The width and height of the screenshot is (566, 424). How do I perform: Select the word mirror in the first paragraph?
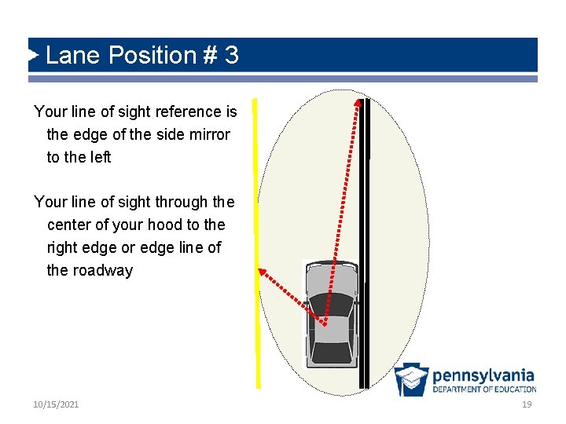pos(205,134)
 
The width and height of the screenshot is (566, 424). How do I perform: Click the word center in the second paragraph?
pos(72,225)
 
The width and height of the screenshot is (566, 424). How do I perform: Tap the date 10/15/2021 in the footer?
pos(56,404)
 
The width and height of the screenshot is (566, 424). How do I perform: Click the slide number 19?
pos(527,404)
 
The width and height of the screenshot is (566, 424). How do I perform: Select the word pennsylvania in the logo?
pos(483,375)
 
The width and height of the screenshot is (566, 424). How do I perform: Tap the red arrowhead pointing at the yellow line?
pos(263,272)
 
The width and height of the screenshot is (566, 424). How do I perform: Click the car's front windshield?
pos(331,302)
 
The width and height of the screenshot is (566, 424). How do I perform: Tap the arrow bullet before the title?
pos(34,55)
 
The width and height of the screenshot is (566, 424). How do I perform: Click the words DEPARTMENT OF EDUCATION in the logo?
pos(483,389)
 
